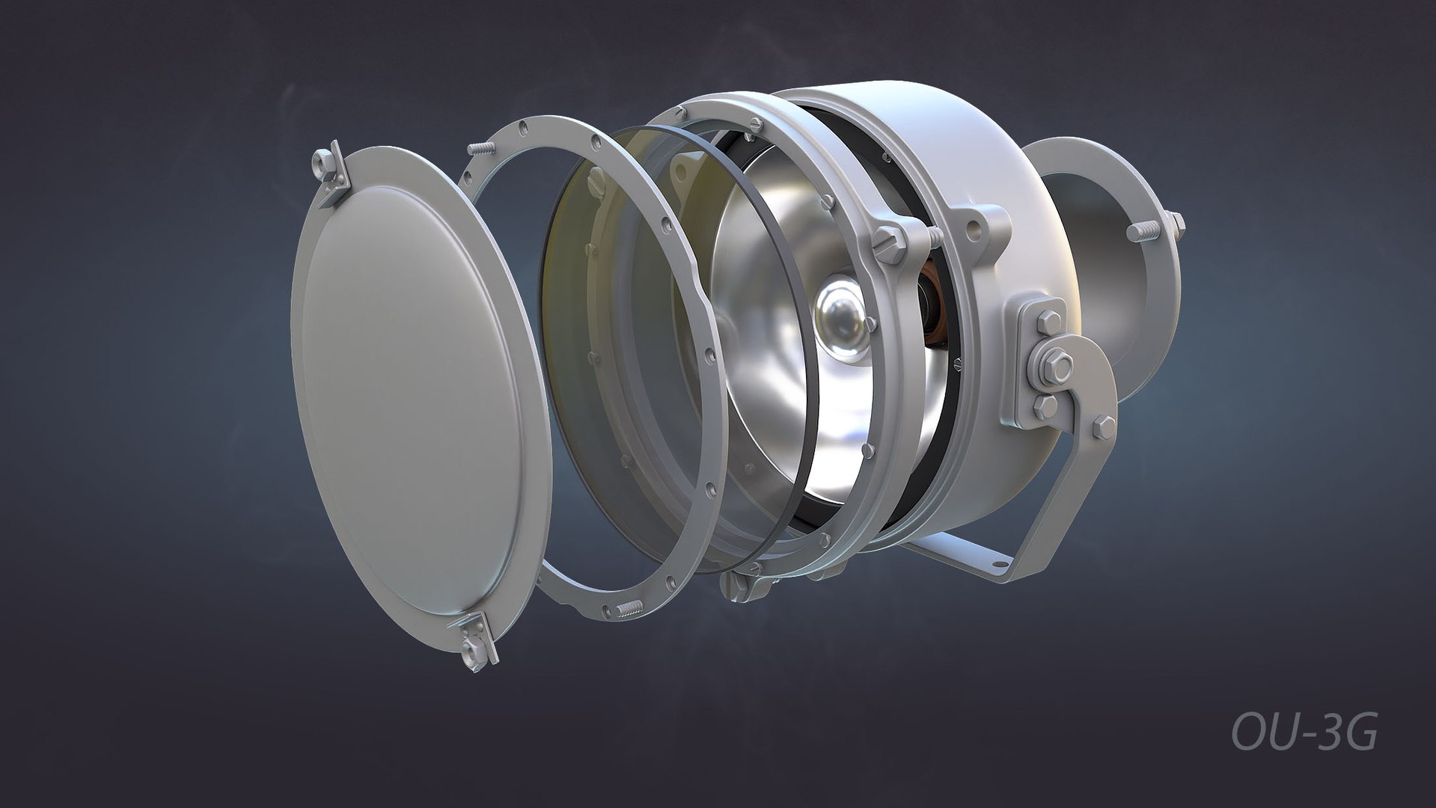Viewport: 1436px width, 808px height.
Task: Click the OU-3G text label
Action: (1304, 732)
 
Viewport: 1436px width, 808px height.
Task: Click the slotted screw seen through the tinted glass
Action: (596, 180)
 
